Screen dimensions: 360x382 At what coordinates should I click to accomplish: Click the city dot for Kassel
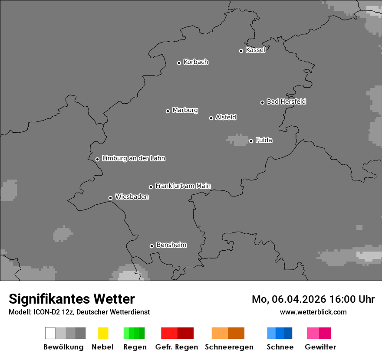[241, 51]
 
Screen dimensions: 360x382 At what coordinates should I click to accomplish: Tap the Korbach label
[196, 62]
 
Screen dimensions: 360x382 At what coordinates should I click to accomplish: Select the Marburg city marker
[168, 111]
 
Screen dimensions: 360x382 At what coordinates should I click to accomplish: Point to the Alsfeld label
[226, 117]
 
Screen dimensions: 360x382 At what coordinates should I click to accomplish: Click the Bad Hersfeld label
[286, 101]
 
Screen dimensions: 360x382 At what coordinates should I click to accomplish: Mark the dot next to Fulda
[251, 141]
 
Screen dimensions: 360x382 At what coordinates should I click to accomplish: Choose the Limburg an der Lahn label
[134, 158]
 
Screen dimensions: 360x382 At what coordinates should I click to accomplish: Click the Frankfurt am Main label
[183, 186]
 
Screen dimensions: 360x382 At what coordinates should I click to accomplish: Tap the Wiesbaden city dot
[110, 198]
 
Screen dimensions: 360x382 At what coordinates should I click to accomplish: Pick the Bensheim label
[171, 245]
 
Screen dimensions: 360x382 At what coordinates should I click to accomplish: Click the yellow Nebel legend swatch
[103, 333]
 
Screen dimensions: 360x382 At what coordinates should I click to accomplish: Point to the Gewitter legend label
[320, 347]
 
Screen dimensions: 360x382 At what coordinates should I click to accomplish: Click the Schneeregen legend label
[229, 347]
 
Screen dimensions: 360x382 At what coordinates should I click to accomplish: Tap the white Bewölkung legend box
[50, 333]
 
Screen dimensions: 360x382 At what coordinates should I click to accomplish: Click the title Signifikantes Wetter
[72, 299]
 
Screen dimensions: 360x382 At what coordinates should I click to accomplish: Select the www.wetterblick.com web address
[313, 312]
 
